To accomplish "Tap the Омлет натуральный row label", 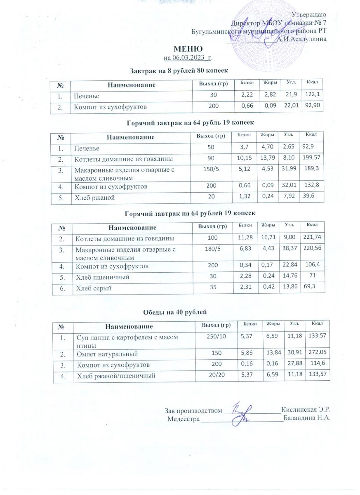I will [x=106, y=354].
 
